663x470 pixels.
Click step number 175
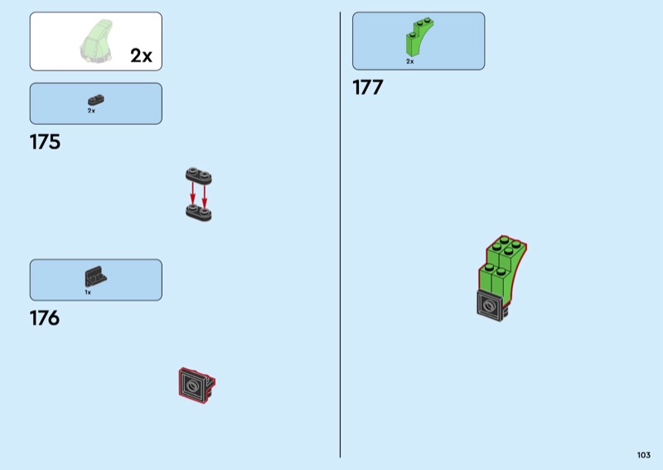45,142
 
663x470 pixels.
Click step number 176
45,318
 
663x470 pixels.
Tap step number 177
368,88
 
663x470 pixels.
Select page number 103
643,455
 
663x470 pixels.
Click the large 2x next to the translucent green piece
141,55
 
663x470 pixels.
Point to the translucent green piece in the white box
97,41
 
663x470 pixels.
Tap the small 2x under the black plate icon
91,110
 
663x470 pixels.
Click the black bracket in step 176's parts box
94,278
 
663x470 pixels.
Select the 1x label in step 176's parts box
88,292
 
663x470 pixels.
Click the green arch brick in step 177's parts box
419,36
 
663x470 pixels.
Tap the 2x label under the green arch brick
409,61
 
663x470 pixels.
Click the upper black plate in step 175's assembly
198,175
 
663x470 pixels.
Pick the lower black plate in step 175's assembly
198,213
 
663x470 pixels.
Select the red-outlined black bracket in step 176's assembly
196,385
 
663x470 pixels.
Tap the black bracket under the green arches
491,305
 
